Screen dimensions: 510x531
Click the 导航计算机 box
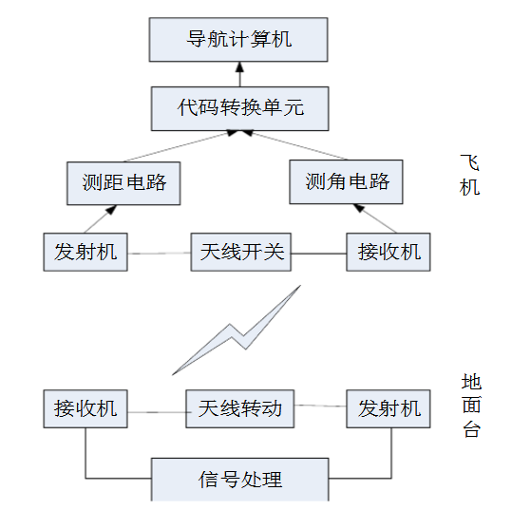(x=239, y=40)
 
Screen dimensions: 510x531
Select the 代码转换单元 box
(x=239, y=107)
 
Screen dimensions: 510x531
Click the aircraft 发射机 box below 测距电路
(x=85, y=252)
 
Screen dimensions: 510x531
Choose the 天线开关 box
(x=241, y=252)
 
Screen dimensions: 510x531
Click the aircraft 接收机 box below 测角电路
(x=389, y=252)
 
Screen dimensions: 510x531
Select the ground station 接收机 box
(x=85, y=408)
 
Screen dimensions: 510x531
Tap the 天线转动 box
(x=239, y=408)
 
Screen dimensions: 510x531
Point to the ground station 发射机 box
(x=389, y=408)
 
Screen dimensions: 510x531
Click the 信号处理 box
(x=239, y=479)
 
